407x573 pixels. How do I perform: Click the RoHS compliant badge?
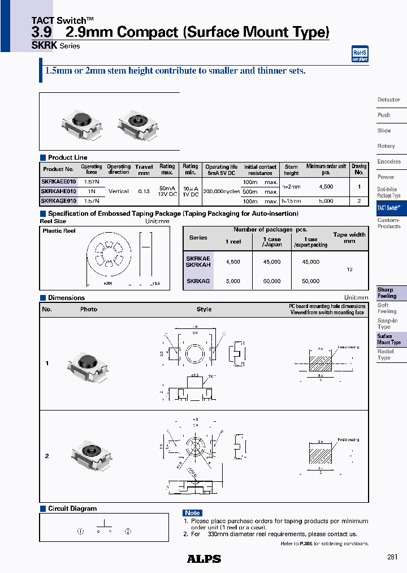tap(360, 54)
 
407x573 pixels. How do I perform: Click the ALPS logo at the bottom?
tap(203, 559)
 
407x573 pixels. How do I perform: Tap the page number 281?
tap(392, 557)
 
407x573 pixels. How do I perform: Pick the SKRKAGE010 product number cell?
tap(58, 200)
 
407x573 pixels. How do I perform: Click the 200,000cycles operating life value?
tap(221, 191)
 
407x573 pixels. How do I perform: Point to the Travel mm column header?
tap(144, 170)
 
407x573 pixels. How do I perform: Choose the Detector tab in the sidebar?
tap(389, 100)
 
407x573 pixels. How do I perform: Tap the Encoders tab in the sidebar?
tap(389, 161)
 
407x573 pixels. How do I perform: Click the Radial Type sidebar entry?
tap(386, 354)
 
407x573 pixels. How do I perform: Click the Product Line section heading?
tap(67, 157)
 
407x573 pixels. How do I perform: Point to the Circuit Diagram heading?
tap(72, 508)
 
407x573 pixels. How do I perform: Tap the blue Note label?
tap(192, 512)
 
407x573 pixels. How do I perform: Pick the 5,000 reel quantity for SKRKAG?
tap(233, 281)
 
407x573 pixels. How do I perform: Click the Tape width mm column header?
tap(349, 237)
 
